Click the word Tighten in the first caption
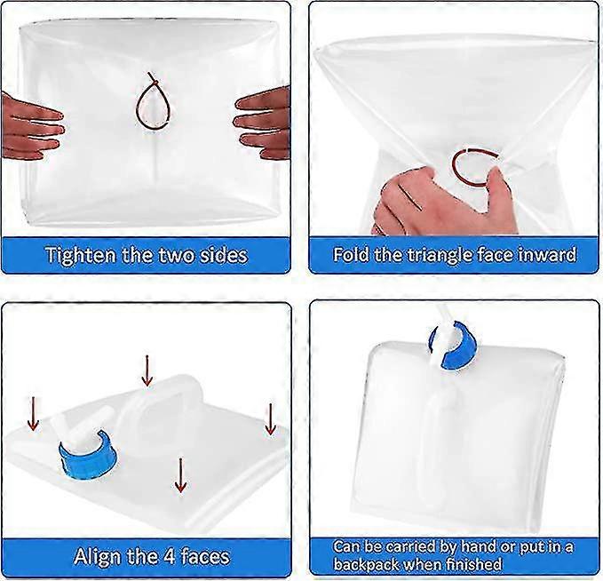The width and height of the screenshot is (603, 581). [81, 255]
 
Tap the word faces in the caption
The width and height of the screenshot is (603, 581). [205, 556]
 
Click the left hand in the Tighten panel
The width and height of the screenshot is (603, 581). [31, 126]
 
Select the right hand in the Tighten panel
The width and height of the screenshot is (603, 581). [263, 123]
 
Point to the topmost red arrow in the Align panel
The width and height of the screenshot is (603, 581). [147, 371]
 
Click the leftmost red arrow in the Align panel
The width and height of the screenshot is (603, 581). [34, 414]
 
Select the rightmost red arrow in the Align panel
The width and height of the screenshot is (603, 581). [270, 419]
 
